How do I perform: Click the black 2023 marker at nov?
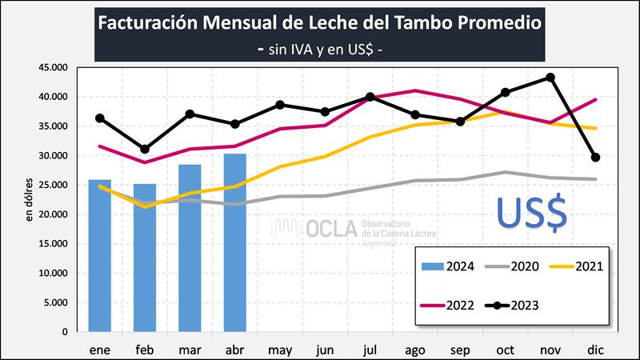(x=550, y=78)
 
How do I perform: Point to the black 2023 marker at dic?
(x=595, y=158)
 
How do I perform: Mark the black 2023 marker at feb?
(x=145, y=150)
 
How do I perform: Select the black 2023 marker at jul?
(x=370, y=97)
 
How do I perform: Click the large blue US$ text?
(x=531, y=211)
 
